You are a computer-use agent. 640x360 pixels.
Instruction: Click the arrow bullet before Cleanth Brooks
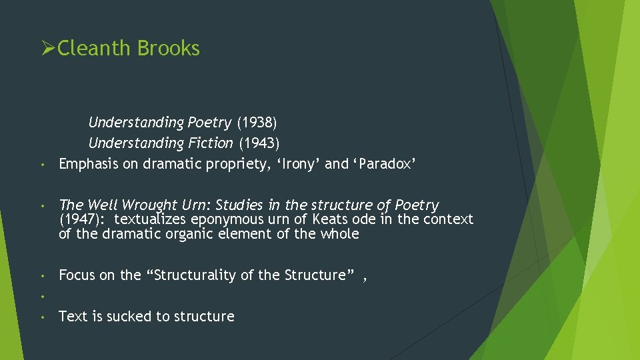(x=48, y=48)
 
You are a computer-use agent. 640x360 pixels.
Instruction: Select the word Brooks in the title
(x=169, y=48)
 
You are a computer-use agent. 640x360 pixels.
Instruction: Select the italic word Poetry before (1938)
(x=209, y=123)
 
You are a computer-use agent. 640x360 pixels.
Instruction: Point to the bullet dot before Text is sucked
(x=41, y=317)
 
